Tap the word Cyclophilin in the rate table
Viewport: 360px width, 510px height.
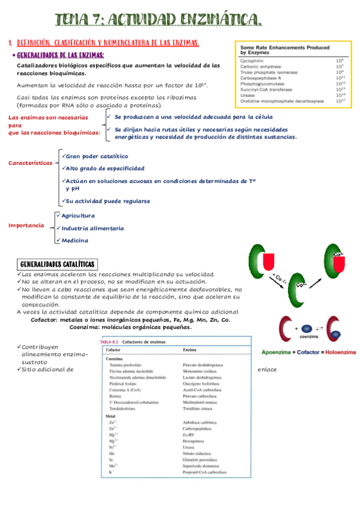[252, 61]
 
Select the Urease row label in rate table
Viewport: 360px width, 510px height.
[248, 95]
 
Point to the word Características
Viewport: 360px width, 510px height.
[29, 163]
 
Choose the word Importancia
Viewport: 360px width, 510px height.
[26, 226]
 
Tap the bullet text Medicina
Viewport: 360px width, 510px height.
[75, 241]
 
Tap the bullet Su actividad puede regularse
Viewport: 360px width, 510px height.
[108, 201]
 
